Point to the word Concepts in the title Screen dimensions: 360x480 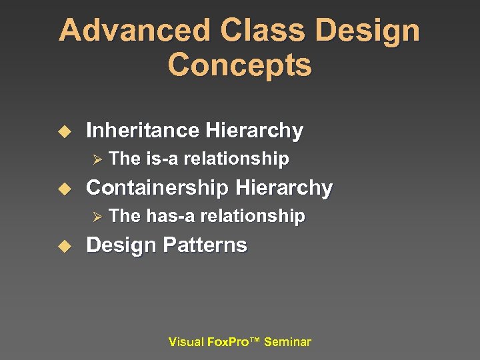tap(239, 65)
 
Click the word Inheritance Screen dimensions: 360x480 tap(143, 130)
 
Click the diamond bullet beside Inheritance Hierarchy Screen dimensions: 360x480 tap(65, 131)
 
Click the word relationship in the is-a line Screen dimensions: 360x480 tap(236, 159)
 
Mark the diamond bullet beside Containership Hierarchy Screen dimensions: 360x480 tap(65, 189)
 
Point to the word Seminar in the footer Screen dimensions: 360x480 tap(287, 342)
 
